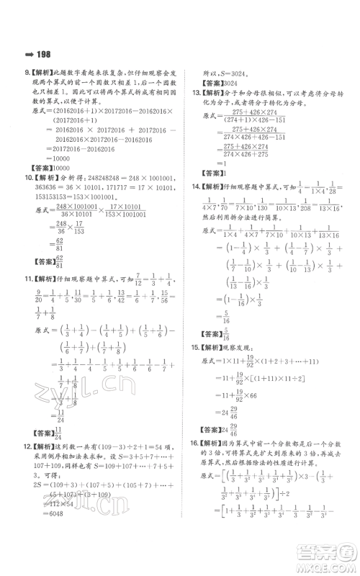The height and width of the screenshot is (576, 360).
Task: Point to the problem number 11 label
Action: tap(29, 276)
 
